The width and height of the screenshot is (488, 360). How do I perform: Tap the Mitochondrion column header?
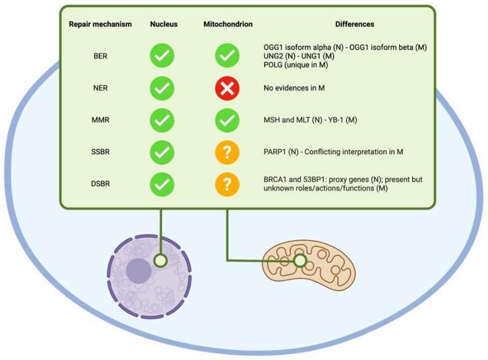pos(227,24)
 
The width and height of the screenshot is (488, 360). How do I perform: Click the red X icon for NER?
pos(227,88)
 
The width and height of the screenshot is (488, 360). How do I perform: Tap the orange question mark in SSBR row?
pos(227,152)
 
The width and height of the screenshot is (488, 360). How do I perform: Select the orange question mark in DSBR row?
pos(227,184)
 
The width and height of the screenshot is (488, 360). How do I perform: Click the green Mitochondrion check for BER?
pos(227,56)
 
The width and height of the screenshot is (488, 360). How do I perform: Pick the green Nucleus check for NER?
pos(162,88)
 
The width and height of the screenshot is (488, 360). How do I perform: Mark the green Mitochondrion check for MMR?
pos(227,120)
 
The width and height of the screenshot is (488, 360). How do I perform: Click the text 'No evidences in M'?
pos(294,88)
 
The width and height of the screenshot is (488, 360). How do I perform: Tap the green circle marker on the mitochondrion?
pos(300,260)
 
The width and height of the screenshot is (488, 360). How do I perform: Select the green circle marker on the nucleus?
pos(161,260)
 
